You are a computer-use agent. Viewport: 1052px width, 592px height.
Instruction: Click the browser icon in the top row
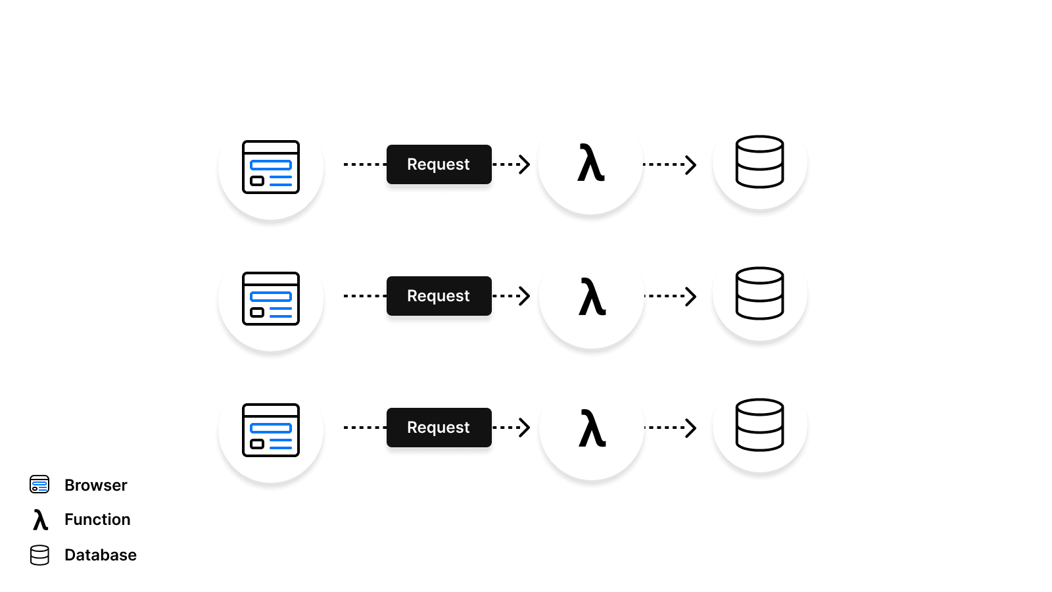(x=271, y=167)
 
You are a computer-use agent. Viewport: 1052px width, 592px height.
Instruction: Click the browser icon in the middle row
(x=271, y=299)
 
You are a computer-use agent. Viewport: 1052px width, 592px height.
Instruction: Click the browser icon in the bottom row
(x=271, y=430)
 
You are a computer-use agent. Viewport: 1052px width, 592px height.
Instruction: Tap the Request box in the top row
(x=439, y=164)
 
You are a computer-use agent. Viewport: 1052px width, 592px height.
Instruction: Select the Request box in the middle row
(x=439, y=296)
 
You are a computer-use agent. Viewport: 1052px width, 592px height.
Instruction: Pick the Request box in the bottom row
(x=439, y=428)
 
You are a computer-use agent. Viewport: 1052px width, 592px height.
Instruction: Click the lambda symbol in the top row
(x=590, y=164)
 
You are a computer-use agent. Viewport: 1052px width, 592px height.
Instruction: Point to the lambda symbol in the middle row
(x=592, y=297)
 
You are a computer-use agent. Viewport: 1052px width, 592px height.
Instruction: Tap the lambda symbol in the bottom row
(x=592, y=428)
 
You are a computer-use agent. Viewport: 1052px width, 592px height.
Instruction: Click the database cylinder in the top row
(x=759, y=162)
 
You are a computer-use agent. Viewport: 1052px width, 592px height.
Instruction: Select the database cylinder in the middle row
(x=759, y=293)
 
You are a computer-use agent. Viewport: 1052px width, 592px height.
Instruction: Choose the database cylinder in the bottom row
(x=759, y=425)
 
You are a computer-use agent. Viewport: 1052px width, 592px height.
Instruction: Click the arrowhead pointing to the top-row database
(x=691, y=164)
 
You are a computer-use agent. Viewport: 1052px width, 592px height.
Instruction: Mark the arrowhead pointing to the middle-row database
(x=691, y=296)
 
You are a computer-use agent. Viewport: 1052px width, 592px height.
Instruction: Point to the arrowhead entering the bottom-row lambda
(x=525, y=428)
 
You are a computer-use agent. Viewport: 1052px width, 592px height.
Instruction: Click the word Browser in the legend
(x=96, y=485)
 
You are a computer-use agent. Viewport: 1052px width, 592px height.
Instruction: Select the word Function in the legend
(x=97, y=520)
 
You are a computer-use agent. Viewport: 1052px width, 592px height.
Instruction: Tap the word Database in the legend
(x=101, y=555)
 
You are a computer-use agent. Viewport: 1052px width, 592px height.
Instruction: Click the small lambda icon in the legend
(x=40, y=520)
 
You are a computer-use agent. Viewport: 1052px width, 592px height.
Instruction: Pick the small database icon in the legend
(x=39, y=555)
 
